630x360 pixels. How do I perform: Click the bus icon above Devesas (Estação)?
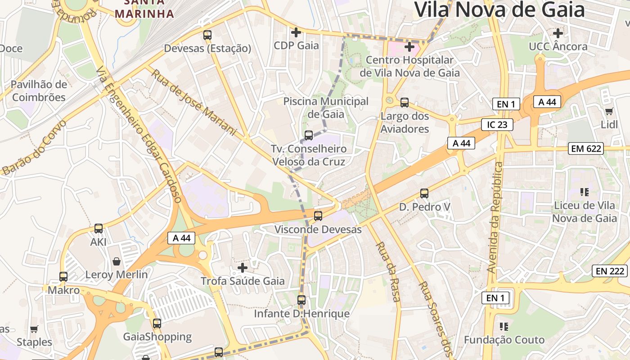click(207, 35)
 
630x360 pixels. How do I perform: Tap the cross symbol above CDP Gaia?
click(296, 32)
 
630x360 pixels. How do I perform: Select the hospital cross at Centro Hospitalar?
click(409, 46)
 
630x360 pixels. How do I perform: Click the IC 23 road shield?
click(497, 125)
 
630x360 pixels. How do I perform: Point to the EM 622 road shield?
click(585, 148)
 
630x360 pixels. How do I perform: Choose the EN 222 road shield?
click(610, 271)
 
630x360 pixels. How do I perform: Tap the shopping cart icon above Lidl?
click(609, 111)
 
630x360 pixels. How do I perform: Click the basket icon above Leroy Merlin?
click(117, 261)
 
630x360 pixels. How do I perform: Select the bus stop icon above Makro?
click(63, 276)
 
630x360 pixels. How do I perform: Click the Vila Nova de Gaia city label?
click(499, 10)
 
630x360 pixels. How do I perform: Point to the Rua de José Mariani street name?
click(193, 102)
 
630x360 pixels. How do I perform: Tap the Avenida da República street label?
click(495, 217)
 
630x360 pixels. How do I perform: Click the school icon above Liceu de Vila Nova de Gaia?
click(585, 193)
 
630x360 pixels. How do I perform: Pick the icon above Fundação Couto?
click(504, 326)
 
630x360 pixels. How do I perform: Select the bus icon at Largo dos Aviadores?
click(405, 103)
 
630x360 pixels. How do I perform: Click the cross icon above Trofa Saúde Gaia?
click(243, 268)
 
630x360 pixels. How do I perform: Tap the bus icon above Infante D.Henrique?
click(301, 300)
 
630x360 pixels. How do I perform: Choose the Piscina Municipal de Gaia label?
click(326, 108)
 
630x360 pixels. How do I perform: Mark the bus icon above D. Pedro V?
click(424, 193)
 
